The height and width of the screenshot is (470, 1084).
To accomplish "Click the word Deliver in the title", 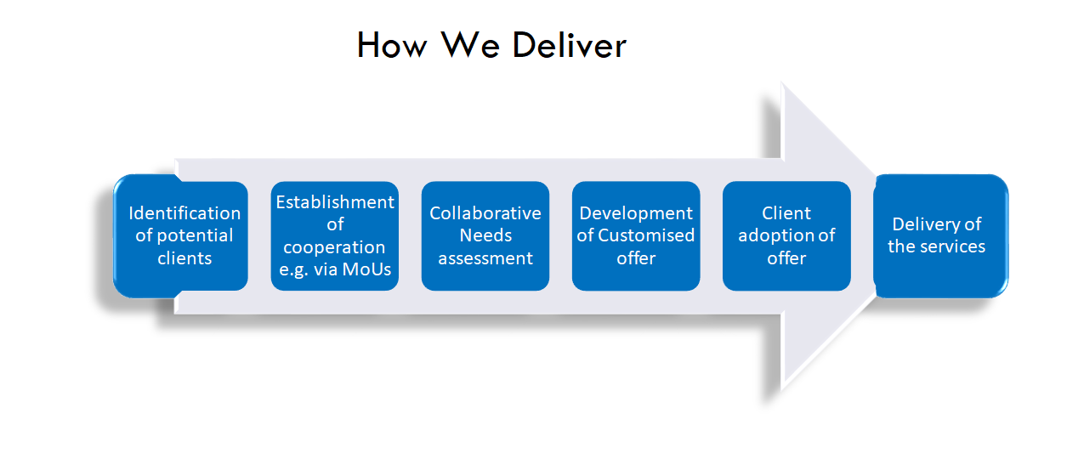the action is tap(569, 45).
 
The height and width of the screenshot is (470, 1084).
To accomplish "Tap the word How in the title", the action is tap(393, 45).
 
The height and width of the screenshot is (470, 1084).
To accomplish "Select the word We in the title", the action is tap(470, 45).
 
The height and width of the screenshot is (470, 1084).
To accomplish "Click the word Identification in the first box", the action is tap(184, 213).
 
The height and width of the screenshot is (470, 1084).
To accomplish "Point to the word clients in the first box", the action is tap(184, 258).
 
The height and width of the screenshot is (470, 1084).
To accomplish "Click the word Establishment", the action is tap(335, 202).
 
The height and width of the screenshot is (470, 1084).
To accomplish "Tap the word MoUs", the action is tap(366, 269).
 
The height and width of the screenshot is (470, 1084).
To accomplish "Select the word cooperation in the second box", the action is tap(334, 247).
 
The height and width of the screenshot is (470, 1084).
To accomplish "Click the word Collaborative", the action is tap(485, 213).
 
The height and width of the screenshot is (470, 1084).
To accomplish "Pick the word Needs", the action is tap(485, 235).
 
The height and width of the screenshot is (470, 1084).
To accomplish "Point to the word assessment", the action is tap(485, 258).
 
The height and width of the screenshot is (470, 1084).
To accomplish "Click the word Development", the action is tap(636, 213).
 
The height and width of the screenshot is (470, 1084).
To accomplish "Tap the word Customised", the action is tap(646, 235).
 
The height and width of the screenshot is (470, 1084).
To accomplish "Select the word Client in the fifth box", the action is tap(786, 213).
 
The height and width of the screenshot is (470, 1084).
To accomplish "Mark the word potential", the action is tap(195, 236).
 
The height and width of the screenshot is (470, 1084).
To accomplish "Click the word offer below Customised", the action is tap(636, 258).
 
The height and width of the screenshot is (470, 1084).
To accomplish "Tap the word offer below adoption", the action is tap(786, 258).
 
